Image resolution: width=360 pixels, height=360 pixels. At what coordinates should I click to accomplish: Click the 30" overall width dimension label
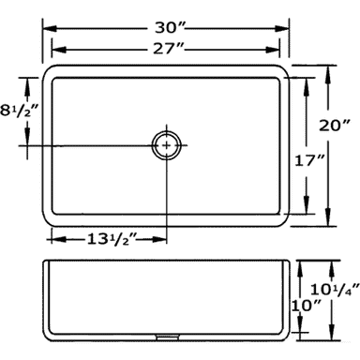[x=171, y=28]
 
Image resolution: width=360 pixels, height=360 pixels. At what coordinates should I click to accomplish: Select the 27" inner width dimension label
[x=169, y=49]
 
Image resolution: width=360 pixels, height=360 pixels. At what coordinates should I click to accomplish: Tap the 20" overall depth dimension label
[x=334, y=126]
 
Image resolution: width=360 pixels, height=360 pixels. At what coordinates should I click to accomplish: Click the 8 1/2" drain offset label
[x=20, y=111]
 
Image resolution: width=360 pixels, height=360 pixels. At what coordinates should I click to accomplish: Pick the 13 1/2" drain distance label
[x=112, y=240]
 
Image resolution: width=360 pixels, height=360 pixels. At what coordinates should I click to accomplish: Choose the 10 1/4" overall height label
[x=335, y=290]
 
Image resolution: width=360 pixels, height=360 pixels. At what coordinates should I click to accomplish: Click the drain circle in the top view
[x=167, y=145]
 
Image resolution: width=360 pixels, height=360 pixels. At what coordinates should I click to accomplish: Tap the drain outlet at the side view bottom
[x=168, y=337]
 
